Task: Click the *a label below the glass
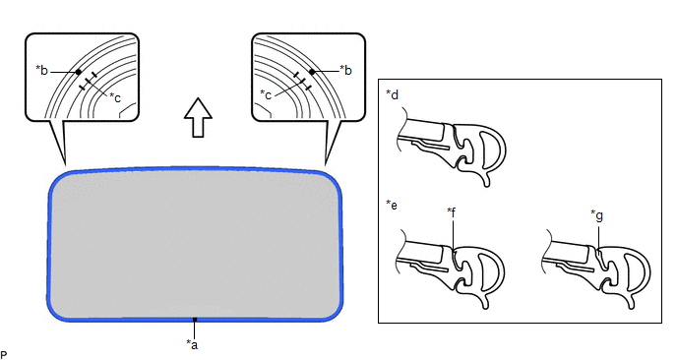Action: [192, 344]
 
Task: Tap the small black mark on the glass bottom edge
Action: [195, 320]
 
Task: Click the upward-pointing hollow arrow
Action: [198, 117]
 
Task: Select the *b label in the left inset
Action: [42, 71]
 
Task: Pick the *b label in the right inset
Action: [345, 70]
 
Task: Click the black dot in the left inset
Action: [78, 72]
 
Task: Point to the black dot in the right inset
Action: [312, 72]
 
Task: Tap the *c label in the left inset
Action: [115, 97]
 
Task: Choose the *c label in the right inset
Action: [266, 94]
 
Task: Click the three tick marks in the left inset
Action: [89, 82]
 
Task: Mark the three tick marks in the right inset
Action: [302, 82]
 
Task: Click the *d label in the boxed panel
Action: [392, 94]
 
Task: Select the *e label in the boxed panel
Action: [392, 205]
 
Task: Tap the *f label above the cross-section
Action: [452, 212]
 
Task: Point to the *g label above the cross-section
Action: [596, 215]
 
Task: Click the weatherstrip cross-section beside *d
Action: [452, 147]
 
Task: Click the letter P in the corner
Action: [4, 355]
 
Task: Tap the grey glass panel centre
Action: [195, 244]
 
